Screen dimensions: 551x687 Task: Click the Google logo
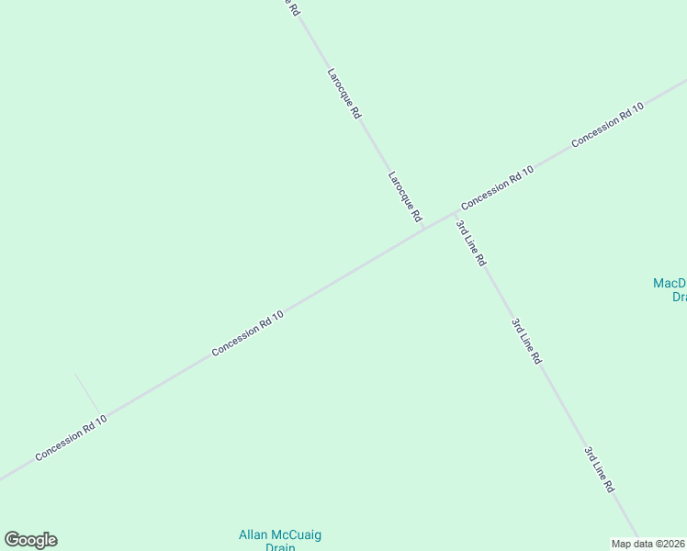pos(31,540)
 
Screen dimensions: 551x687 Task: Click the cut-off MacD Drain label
pos(670,289)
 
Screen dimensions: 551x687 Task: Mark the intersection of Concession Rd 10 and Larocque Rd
pos(454,213)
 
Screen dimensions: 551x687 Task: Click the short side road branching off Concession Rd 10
pos(87,392)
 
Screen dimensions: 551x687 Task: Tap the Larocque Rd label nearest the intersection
pos(404,197)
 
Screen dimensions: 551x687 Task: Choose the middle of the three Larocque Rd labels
pos(343,93)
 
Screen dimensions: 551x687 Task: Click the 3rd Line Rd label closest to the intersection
pos(471,243)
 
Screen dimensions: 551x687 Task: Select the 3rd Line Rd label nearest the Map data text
pos(599,470)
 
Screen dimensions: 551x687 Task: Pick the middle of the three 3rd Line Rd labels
pos(526,342)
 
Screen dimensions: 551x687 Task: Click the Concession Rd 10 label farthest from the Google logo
pos(607,126)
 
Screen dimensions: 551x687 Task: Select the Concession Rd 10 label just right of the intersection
pos(497,187)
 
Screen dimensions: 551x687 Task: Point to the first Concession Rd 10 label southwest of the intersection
pos(248,333)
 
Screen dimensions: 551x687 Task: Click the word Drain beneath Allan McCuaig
pos(279,547)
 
